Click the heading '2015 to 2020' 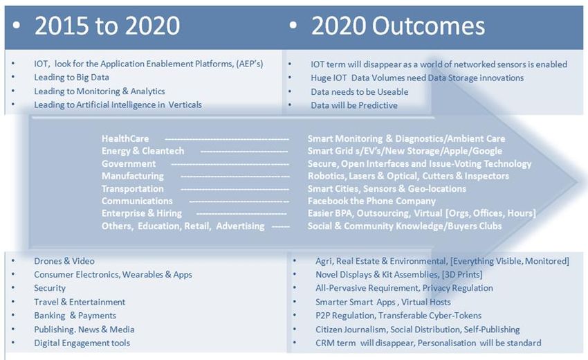pyautogui.click(x=107, y=26)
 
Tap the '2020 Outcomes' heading pyautogui.click(x=398, y=26)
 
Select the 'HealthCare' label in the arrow pyautogui.click(x=125, y=139)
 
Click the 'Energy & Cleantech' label pyautogui.click(x=143, y=151)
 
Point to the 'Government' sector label pyautogui.click(x=129, y=163)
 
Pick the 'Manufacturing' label pyautogui.click(x=133, y=176)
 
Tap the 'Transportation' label pyautogui.click(x=133, y=188)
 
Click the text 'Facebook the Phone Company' pyautogui.click(x=371, y=201)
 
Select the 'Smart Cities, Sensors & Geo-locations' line pyautogui.click(x=387, y=188)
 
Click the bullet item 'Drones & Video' pyautogui.click(x=64, y=261)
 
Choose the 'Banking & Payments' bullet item pyautogui.click(x=75, y=316)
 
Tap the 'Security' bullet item pyautogui.click(x=50, y=288)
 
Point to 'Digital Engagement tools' pyautogui.click(x=82, y=343)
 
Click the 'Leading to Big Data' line pyautogui.click(x=72, y=78)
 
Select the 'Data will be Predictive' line pyautogui.click(x=354, y=105)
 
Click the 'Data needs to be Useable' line pyautogui.click(x=360, y=92)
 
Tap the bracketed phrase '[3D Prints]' pyautogui.click(x=462, y=275)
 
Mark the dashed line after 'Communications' pyautogui.click(x=239, y=201)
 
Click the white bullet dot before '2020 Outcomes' pyautogui.click(x=293, y=26)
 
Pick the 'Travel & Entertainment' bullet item pyautogui.click(x=80, y=302)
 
